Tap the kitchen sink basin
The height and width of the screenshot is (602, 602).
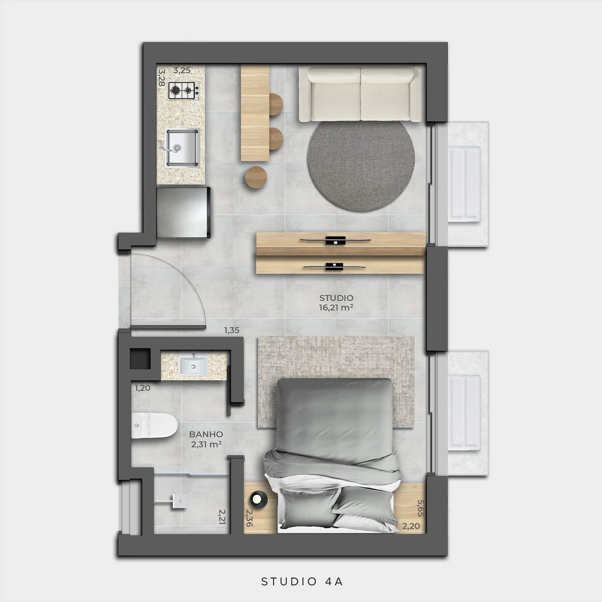182,148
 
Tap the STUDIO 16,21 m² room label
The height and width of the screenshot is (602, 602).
336,303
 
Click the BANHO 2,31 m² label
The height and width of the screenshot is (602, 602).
206,439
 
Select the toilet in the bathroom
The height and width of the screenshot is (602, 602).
154,426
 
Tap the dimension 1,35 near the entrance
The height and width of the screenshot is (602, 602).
231,330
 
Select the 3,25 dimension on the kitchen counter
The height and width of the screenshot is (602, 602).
182,71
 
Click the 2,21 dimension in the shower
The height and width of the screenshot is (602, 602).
222,517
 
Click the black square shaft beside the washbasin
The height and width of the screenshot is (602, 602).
140,359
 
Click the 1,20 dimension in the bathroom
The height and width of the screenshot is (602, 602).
142,388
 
